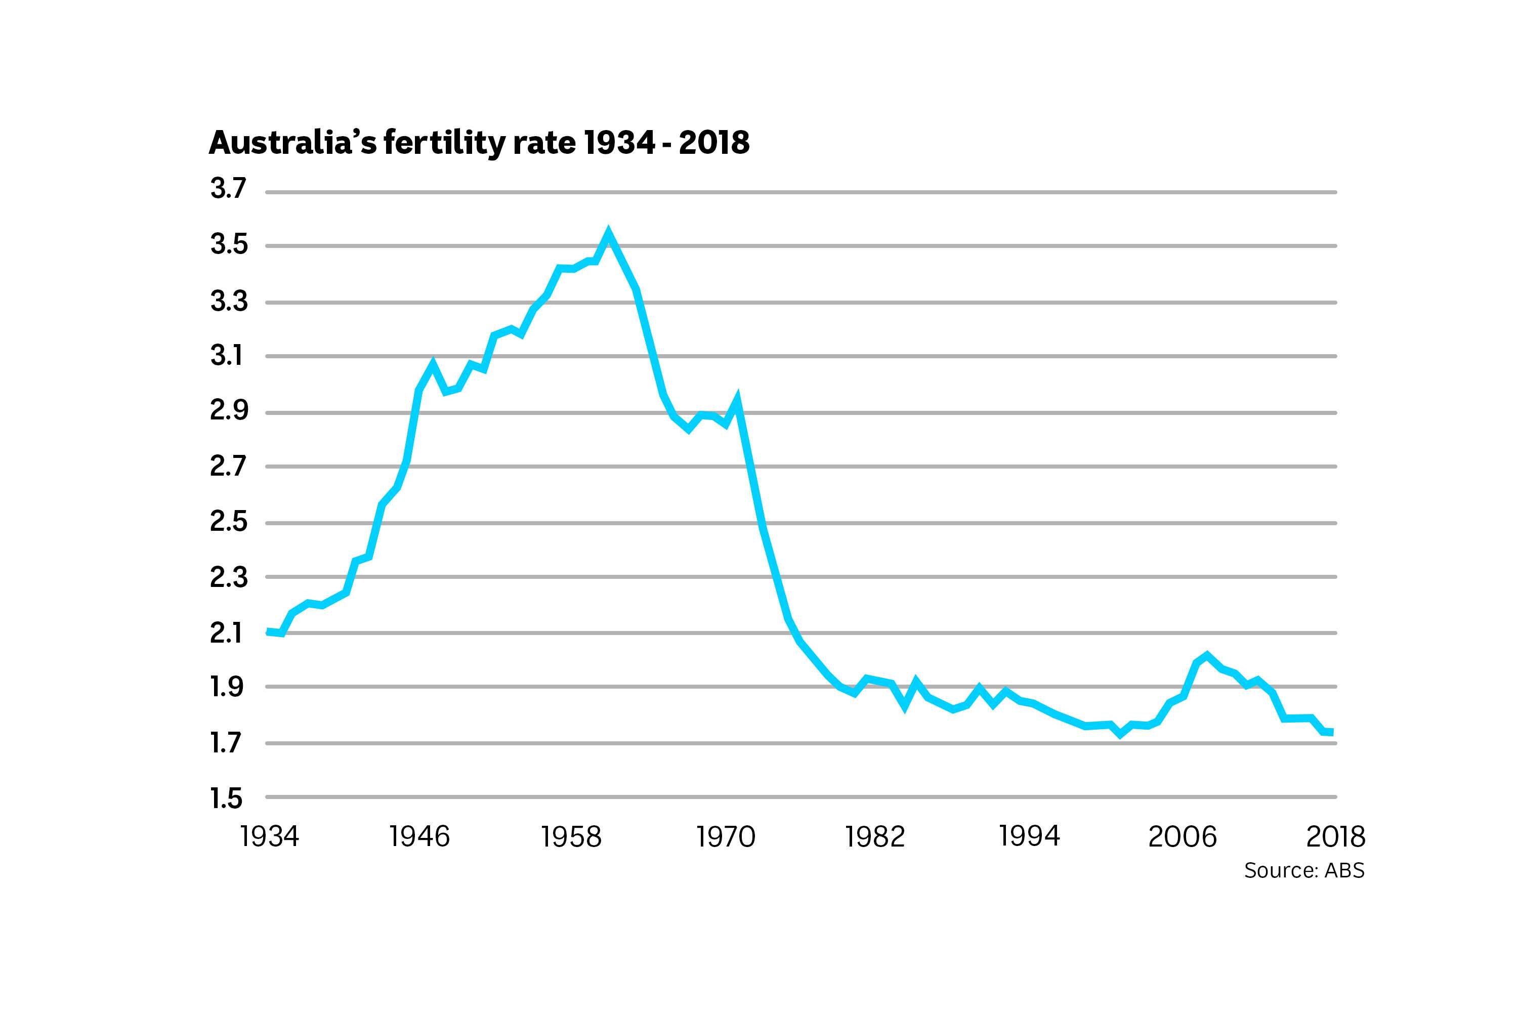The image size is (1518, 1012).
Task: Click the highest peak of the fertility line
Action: pyautogui.click(x=607, y=233)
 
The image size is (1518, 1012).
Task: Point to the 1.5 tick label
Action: pyautogui.click(x=226, y=799)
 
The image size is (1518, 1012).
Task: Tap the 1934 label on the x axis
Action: pyautogui.click(x=269, y=836)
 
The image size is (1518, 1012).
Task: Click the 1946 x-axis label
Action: pyautogui.click(x=419, y=836)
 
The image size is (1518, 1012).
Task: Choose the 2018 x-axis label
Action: pyautogui.click(x=1335, y=836)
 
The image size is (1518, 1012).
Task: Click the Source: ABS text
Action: pyautogui.click(x=1304, y=871)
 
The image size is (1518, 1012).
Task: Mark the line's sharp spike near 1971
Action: pyautogui.click(x=736, y=400)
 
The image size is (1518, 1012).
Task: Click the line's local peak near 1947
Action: pyautogui.click(x=433, y=363)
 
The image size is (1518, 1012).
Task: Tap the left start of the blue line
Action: pyautogui.click(x=268, y=632)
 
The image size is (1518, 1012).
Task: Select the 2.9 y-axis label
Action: pyautogui.click(x=228, y=411)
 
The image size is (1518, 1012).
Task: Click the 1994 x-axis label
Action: pyautogui.click(x=1029, y=836)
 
